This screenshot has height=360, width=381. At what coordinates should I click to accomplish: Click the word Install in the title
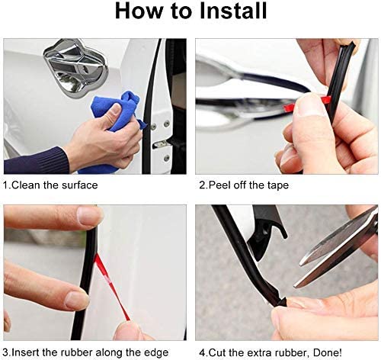pos(233,11)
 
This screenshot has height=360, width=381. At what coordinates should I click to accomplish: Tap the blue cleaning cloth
pos(117,112)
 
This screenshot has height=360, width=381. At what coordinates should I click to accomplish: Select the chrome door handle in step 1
pos(75,68)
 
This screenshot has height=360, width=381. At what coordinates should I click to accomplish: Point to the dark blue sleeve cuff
pos(36,161)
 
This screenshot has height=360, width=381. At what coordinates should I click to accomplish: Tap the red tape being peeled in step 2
pos(307,102)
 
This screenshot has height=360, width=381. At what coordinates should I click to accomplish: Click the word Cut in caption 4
pos(218,353)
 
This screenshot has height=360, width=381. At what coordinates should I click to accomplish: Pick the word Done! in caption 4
pos(328,353)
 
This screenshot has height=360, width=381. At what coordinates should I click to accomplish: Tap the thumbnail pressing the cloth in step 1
pos(116,110)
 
